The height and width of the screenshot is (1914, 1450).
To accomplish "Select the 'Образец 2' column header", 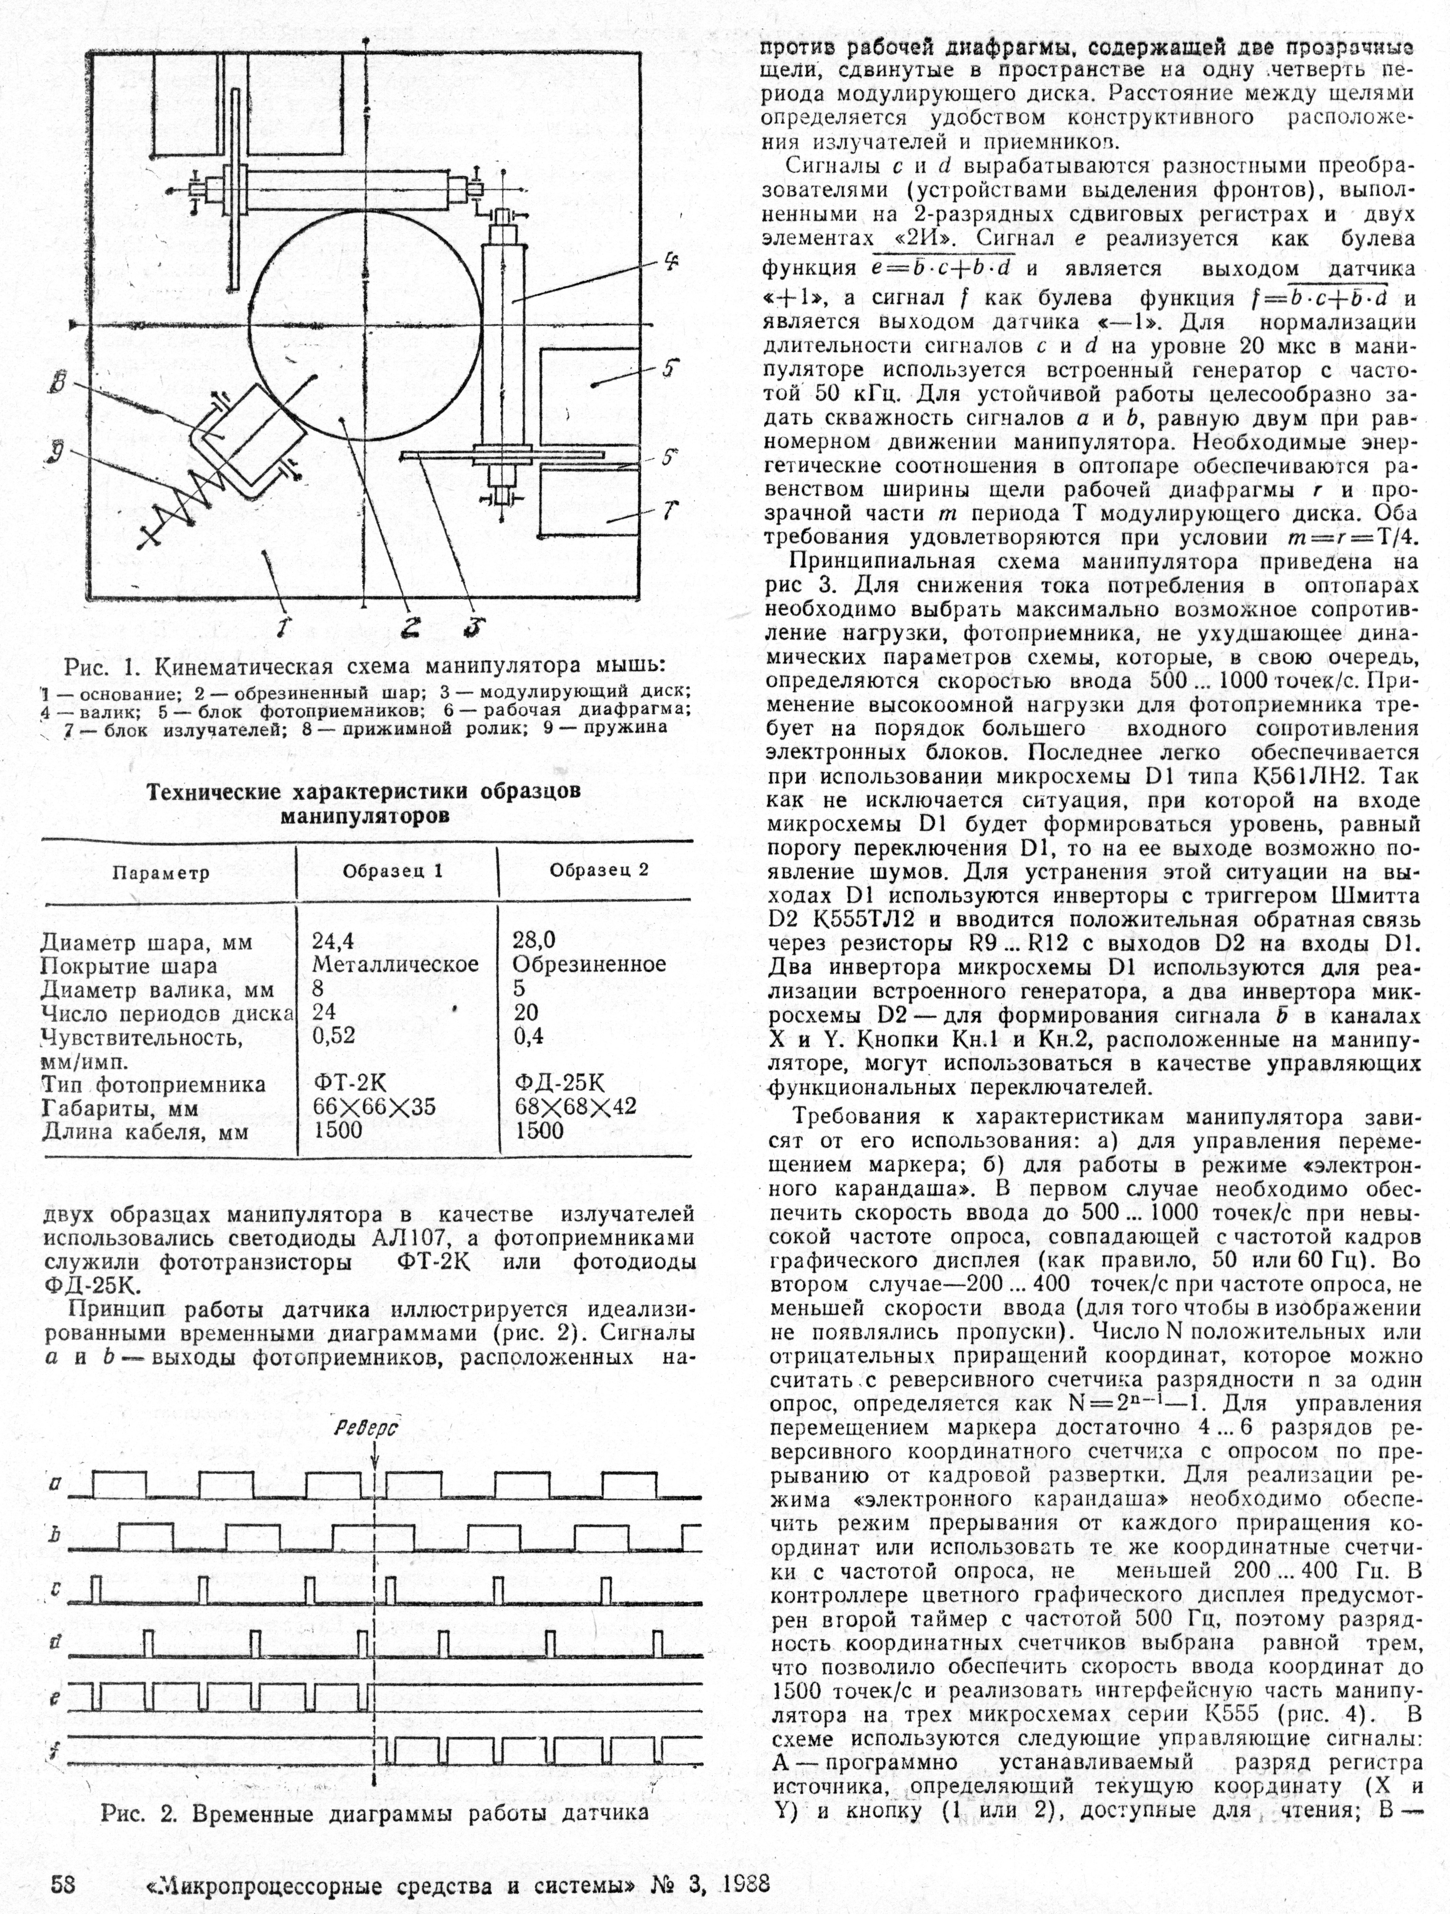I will (599, 870).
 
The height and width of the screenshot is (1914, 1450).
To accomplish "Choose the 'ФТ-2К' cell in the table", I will (350, 1083).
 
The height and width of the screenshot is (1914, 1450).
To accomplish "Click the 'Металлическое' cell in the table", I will (395, 964).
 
